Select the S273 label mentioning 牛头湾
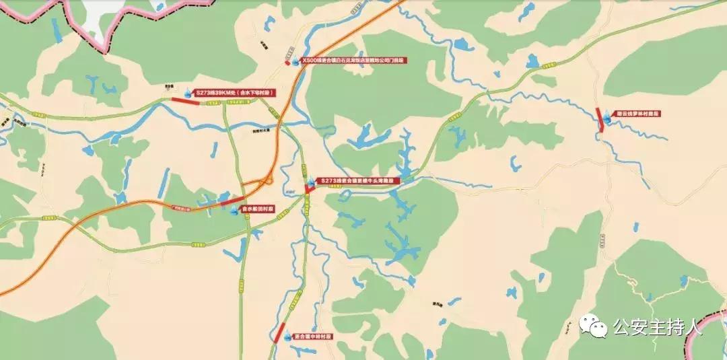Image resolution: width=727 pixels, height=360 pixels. tap(358, 180)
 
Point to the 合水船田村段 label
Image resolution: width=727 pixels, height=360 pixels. tap(258, 210)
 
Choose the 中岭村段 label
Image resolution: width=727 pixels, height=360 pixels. tap(313, 336)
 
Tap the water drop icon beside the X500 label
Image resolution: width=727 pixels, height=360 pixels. tap(295, 61)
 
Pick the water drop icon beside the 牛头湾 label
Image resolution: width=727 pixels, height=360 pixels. tap(310, 182)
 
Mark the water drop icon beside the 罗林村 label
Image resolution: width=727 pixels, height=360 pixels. tap(609, 114)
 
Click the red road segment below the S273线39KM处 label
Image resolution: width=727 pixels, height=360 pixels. tap(184, 102)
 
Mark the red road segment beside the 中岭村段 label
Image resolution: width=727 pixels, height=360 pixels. tap(279, 332)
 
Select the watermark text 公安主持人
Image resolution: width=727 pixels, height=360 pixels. tap(657, 328)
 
